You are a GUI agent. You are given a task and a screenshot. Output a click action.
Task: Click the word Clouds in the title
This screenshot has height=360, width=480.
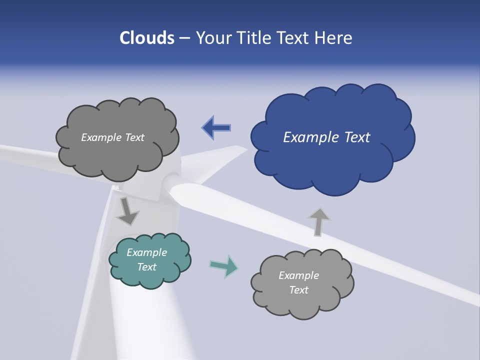click(x=147, y=38)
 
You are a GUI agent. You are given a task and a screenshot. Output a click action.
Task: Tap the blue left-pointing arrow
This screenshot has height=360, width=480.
click(x=216, y=128)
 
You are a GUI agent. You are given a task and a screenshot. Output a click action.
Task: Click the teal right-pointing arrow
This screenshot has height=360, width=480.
click(x=224, y=266)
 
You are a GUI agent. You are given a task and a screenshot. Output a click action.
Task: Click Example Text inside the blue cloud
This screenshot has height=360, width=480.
click(x=326, y=137)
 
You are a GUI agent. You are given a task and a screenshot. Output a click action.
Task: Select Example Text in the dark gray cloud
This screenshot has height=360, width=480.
click(x=112, y=137)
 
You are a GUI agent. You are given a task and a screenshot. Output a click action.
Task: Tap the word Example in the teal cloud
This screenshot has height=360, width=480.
click(x=146, y=252)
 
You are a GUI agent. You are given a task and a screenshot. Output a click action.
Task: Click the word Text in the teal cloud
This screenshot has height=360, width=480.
click(x=146, y=267)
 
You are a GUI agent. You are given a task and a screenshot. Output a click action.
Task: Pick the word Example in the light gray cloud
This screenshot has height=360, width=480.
click(x=298, y=275)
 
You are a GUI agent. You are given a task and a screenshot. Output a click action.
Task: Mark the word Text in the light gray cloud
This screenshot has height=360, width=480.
click(x=298, y=290)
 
